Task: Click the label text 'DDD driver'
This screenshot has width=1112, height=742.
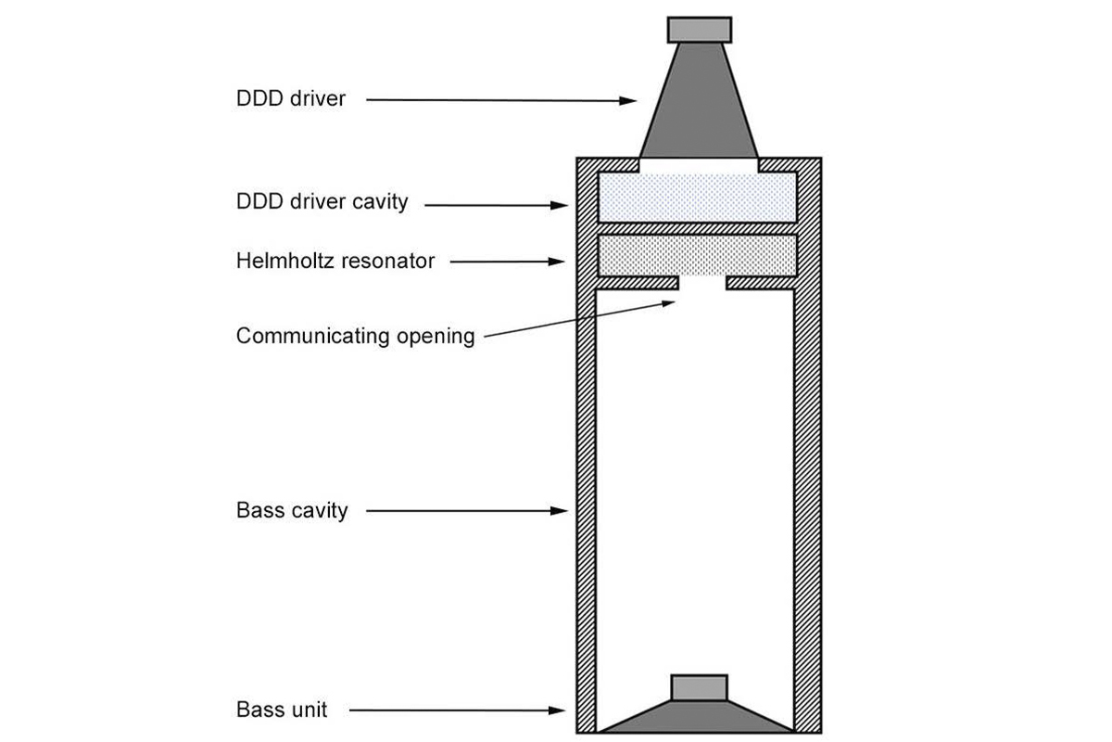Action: point(290,98)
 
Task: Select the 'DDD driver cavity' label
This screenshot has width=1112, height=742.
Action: point(322,201)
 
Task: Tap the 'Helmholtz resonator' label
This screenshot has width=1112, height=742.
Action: point(335,261)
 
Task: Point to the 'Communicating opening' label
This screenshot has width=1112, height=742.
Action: point(355,335)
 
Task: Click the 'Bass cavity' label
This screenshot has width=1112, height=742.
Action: point(292,510)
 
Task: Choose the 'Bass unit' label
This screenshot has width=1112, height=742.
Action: point(281,711)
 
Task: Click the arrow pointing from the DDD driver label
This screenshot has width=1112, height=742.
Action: point(500,99)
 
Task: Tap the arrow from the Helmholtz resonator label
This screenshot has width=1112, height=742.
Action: point(508,262)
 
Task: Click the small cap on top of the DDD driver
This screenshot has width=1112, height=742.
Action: point(700,29)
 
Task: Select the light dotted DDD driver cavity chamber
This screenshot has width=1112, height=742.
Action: point(697,198)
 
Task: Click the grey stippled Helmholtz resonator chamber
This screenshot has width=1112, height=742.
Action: point(697,254)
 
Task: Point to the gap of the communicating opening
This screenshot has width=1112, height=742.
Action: point(703,283)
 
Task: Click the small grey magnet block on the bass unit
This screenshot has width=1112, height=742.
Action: point(698,687)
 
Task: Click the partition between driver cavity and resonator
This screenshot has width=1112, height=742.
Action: point(697,228)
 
